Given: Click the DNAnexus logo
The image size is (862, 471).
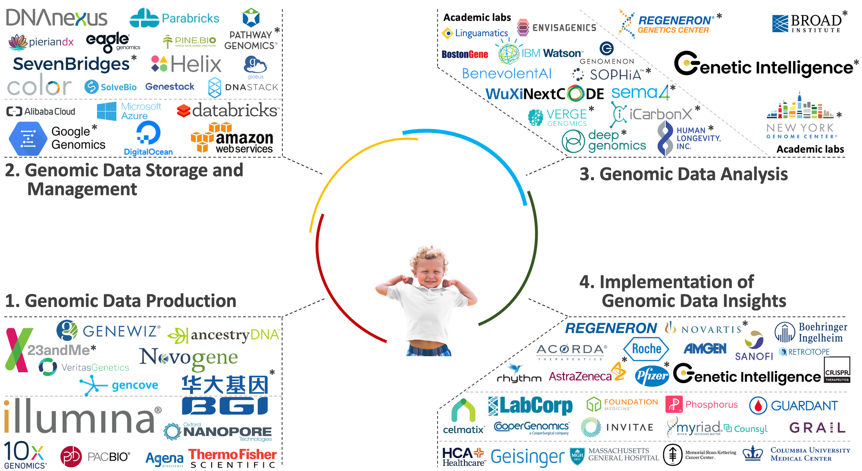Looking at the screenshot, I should tap(56, 18).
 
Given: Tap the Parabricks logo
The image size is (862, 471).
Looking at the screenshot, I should tap(175, 18).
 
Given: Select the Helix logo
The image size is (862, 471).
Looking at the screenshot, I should tap(187, 64).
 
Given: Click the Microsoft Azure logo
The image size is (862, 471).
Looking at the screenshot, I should tap(129, 111).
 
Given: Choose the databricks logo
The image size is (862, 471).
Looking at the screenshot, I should tap(227, 111).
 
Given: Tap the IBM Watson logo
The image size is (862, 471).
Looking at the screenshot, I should tap(540, 53).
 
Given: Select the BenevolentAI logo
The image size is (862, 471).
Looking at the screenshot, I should tap(506, 74).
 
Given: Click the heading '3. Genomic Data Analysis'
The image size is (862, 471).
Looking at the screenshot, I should tap(683, 174).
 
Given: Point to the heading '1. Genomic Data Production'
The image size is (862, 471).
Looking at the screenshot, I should tap(121, 301).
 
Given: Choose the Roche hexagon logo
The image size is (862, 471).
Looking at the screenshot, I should tap(646, 349).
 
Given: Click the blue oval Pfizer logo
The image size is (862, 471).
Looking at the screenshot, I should tap(652, 376).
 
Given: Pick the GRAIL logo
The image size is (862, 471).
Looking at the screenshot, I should tap(817, 427).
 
